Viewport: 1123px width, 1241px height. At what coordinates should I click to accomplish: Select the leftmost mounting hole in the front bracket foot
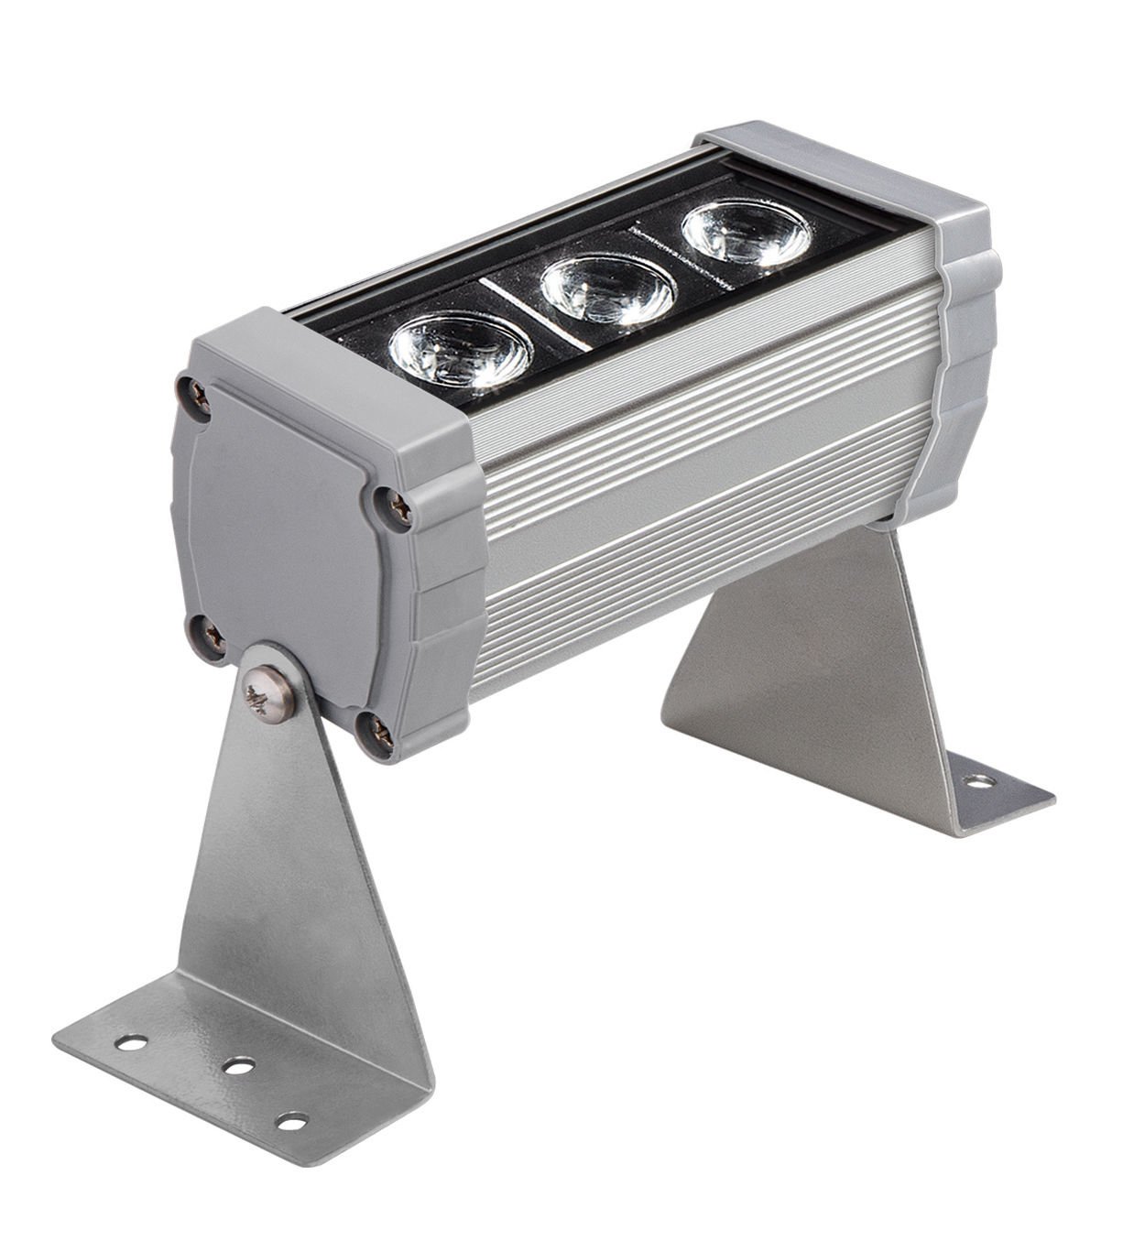128,1041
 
